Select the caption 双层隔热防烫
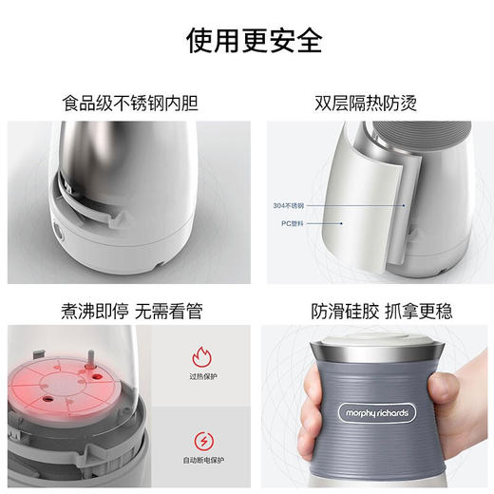(x=365, y=102)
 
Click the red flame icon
(x=203, y=359)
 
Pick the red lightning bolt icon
(x=203, y=440)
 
